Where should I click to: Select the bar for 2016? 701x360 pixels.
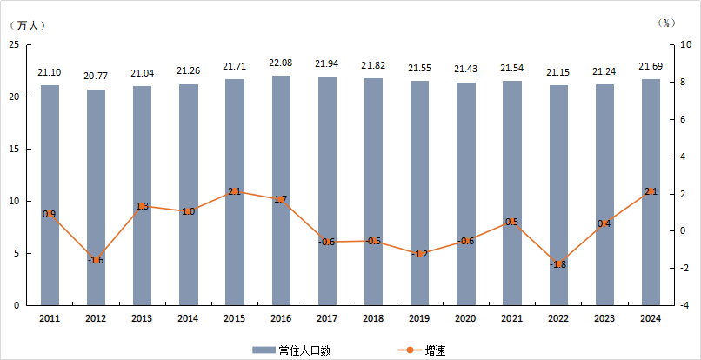[281, 190]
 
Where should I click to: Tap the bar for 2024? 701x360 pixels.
[651, 192]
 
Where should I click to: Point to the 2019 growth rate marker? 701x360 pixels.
[420, 253]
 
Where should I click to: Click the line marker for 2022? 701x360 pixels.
[558, 264]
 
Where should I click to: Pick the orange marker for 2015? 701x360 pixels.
[235, 191]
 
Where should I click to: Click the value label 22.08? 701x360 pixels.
[281, 63]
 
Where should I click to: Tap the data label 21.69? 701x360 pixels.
[651, 67]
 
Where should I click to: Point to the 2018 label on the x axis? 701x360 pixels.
[373, 319]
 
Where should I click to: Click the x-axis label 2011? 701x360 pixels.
[50, 319]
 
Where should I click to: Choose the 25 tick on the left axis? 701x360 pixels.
[15, 44]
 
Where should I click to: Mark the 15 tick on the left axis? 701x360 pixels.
[15, 149]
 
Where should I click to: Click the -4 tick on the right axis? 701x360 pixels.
[684, 305]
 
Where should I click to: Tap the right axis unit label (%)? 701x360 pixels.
[668, 23]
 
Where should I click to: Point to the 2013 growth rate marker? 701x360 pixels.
[143, 206]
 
